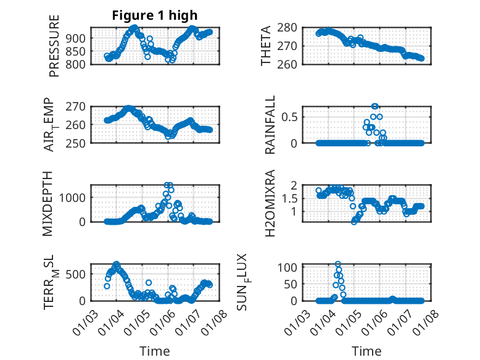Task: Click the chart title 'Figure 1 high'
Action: point(154,15)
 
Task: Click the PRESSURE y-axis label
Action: point(54,46)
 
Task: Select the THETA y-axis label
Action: point(266,46)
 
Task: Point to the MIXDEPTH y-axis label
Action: point(48,203)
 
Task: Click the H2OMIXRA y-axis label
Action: point(270,203)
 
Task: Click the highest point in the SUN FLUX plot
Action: point(338,264)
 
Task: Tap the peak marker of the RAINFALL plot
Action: point(374,106)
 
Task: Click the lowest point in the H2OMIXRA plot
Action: point(354,221)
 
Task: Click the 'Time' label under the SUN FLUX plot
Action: point(366,351)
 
